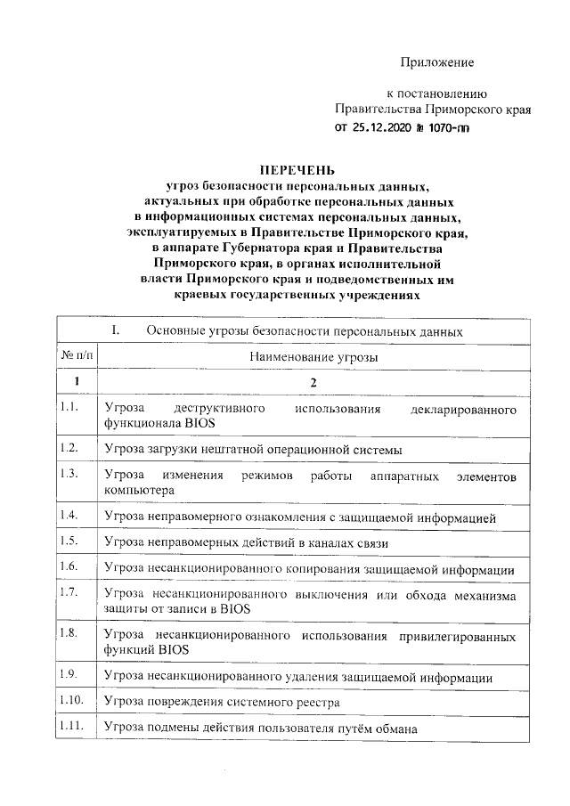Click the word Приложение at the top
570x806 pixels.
tap(437, 62)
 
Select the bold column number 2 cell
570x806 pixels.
tap(310, 382)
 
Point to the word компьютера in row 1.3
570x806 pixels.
tap(140, 490)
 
